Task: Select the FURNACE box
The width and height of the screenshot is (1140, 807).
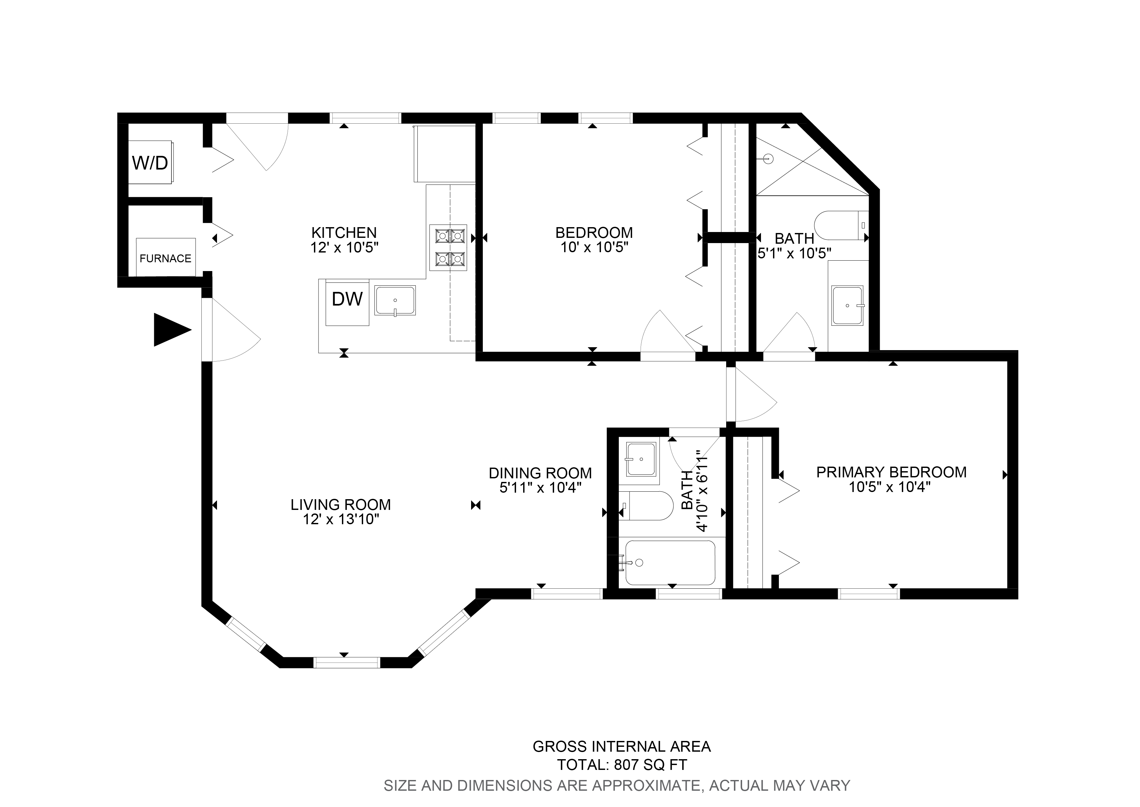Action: [x=165, y=257]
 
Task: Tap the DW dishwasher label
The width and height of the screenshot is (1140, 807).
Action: [x=347, y=299]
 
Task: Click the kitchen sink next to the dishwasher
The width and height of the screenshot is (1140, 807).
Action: [x=395, y=300]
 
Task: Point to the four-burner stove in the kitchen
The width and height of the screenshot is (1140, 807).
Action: [x=448, y=247]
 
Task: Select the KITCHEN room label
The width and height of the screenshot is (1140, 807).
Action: [x=344, y=232]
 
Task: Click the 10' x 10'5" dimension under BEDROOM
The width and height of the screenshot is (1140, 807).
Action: [x=594, y=247]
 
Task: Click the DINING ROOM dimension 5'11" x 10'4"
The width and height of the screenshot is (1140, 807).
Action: [x=540, y=487]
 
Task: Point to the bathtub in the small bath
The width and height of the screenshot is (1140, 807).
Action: [x=670, y=563]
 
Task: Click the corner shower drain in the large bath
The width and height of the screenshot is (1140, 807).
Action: [x=768, y=159]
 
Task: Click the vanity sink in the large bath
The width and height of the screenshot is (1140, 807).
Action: [x=848, y=305]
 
